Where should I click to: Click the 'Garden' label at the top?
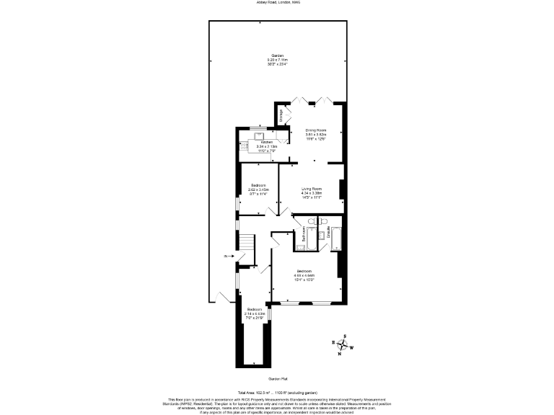tap(277, 55)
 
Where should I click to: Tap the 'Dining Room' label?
tap(316, 130)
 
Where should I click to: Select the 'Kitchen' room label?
tap(266, 143)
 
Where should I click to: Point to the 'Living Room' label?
tap(312, 189)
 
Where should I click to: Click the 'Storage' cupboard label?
tap(281, 115)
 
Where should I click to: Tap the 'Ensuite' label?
tap(329, 233)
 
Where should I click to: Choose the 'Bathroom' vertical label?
tap(304, 234)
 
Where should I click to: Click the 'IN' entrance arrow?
tap(228, 256)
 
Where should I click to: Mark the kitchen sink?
tap(258, 135)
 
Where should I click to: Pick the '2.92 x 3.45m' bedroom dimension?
tap(258, 189)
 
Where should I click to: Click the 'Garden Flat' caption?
tap(277, 378)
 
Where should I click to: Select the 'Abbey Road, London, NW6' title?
tap(277, 3)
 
